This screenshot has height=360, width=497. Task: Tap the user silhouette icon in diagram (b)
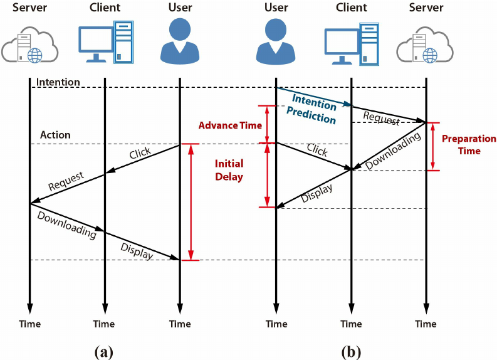pos(276,41)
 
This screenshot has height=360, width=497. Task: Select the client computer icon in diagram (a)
pos(105,42)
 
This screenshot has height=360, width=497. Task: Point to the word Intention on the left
pos(58,82)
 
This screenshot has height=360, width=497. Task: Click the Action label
pos(55,135)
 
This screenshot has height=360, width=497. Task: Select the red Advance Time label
pos(230,125)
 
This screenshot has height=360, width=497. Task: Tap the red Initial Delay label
pos(229,170)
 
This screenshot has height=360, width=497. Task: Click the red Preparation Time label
pos(469,145)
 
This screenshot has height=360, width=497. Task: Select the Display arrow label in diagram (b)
pos(316,193)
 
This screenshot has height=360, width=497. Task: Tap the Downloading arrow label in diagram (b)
pos(393,152)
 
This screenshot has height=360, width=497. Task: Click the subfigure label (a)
pos(104,351)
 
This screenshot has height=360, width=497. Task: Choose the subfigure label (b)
pos(351,351)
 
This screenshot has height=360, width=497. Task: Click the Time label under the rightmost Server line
pos(426,324)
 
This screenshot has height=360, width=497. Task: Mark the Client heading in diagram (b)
pos(351,8)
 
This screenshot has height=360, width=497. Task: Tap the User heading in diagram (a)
pos(180,8)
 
